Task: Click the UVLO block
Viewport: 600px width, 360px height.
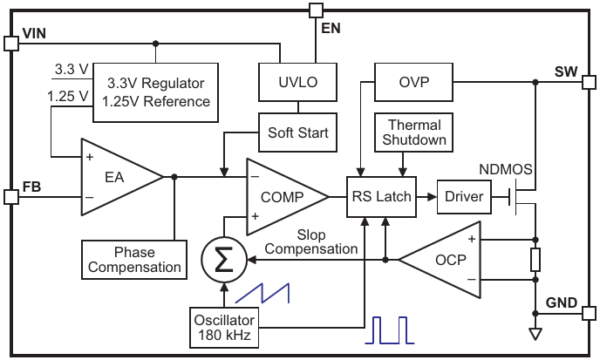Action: (x=298, y=84)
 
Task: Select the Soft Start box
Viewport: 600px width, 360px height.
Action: (x=298, y=132)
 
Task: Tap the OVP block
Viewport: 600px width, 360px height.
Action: (x=413, y=83)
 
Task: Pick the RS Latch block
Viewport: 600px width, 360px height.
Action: (x=381, y=197)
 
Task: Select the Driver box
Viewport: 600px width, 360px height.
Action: (x=463, y=197)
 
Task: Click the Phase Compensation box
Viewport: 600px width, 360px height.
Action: (x=135, y=260)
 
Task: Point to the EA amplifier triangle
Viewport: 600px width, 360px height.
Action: (x=118, y=177)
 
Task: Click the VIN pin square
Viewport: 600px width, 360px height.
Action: (x=11, y=43)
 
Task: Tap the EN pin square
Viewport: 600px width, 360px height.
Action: (x=316, y=10)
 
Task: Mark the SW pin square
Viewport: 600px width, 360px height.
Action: (x=589, y=83)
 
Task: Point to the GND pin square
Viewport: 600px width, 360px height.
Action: (x=589, y=312)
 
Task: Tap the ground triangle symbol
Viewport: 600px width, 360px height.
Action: (x=535, y=334)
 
